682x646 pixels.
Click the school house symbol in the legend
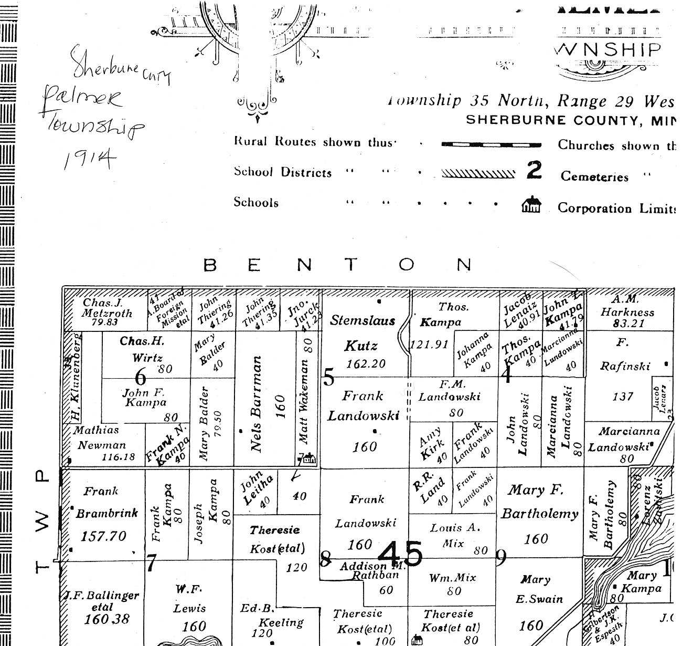(x=531, y=204)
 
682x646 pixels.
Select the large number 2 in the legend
(x=534, y=170)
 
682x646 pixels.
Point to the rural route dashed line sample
(x=491, y=144)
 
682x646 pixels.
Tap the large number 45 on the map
(x=400, y=554)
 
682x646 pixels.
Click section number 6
(x=141, y=377)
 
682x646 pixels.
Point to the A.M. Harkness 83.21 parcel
(x=627, y=311)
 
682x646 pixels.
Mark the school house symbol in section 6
(x=309, y=459)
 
